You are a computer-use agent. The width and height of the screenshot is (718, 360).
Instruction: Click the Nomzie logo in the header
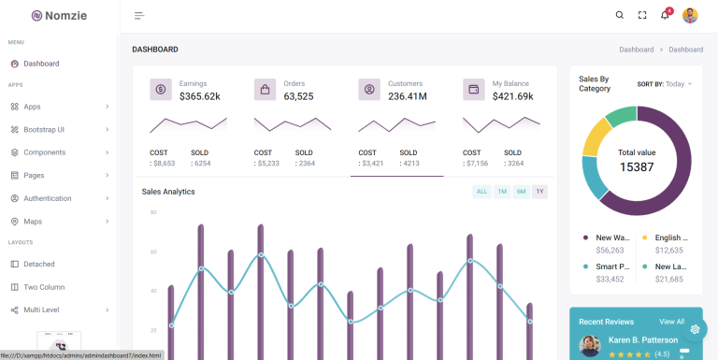pos(59,15)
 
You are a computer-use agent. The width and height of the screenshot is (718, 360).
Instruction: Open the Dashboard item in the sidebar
pos(41,64)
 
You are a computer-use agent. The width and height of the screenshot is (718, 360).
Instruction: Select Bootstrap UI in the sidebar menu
pos(44,129)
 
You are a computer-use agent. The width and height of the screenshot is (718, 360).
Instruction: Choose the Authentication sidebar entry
pos(47,198)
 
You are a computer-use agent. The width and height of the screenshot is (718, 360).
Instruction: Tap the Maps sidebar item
pos(33,222)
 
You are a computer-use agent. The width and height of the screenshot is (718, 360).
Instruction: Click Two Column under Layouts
pos(44,287)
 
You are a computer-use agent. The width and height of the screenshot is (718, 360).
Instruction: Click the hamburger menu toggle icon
pos(139,15)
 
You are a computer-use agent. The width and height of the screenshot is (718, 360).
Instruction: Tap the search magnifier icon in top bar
pos(619,15)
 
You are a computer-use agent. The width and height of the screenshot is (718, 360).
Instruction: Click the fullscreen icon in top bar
pos(642,15)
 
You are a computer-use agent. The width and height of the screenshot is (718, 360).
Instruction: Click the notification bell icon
pos(665,15)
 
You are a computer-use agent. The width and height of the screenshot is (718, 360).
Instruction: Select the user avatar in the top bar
pos(690,15)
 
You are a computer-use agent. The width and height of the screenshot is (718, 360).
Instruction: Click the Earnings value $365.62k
pos(199,96)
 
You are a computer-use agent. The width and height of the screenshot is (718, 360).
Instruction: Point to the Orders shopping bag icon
pos(265,90)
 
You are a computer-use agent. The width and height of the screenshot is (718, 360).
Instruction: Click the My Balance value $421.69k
pos(512,96)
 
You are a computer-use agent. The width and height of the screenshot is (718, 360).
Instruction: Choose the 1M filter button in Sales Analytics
pos(502,192)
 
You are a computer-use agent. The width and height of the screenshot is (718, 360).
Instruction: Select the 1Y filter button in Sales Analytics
pos(539,192)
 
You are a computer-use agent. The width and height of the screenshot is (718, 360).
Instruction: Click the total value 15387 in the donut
pos(637,166)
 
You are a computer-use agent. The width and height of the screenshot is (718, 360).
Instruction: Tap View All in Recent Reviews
pos(671,321)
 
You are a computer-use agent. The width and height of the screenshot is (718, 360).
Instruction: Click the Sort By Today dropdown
pos(665,83)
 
